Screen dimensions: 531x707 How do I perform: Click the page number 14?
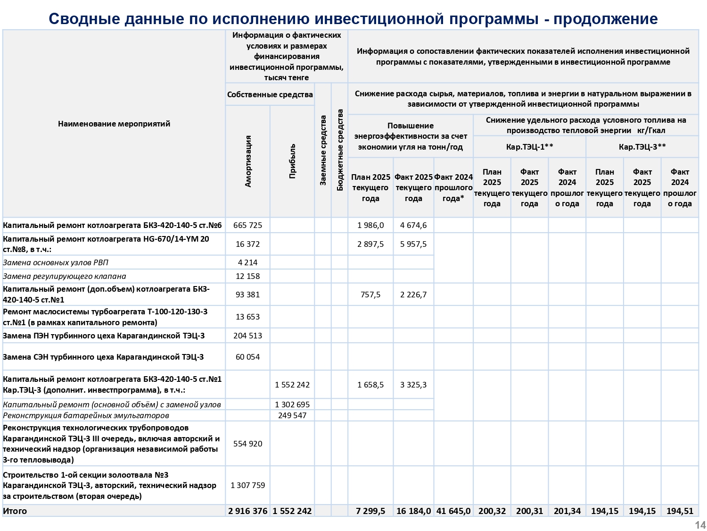pos(700,525)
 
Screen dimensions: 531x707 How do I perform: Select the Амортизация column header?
pos(248,161)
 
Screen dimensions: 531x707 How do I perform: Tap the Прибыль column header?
pos(292,161)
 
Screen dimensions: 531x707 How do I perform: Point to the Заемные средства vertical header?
pos(323,150)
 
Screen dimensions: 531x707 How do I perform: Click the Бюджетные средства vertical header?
pos(340,150)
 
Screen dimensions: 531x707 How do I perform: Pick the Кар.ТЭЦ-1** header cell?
pos(529,147)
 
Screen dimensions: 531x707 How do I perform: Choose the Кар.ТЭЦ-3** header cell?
pos(642,147)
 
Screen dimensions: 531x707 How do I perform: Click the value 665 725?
pos(247,225)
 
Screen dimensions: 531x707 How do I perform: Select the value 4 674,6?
pos(413,225)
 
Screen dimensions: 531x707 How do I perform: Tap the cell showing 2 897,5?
pos(370,244)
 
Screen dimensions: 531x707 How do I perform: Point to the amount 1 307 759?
pos(247,485)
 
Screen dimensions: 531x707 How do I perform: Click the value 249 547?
pos(292,415)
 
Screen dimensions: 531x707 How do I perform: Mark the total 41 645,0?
pos(453,511)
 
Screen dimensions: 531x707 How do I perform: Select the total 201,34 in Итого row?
pos(567,511)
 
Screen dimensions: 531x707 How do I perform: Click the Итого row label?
pos(15,511)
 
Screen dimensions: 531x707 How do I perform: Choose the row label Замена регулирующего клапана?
pos(65,276)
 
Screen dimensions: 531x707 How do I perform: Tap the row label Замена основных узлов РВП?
pos(56,262)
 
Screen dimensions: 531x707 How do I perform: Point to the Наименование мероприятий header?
pos(114,124)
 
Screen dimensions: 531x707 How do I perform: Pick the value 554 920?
pos(247,444)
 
